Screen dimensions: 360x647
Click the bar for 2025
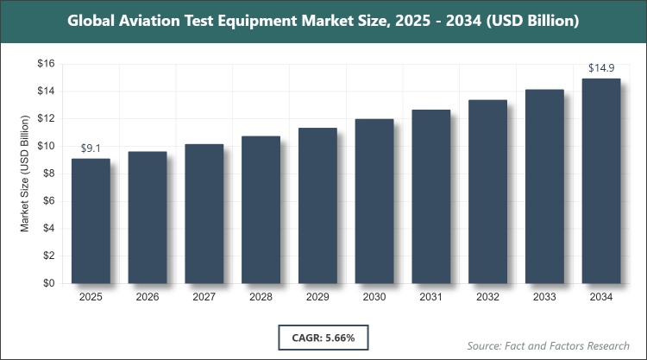point(91,221)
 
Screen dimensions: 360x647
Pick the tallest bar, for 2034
point(601,181)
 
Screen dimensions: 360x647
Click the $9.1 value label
point(91,148)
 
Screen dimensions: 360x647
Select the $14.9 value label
point(601,68)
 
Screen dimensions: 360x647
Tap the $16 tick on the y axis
point(45,64)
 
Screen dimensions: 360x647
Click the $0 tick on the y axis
point(48,283)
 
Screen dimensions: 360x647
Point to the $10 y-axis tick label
point(45,146)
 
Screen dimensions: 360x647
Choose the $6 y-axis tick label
point(48,201)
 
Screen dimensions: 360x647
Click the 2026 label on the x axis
point(148,298)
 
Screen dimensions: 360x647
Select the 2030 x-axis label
point(374,298)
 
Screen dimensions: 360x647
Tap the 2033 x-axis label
point(544,298)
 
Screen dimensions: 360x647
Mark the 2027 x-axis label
point(204,298)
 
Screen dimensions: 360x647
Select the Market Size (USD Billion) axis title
point(25,174)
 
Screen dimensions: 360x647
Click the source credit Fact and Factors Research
point(549,345)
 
